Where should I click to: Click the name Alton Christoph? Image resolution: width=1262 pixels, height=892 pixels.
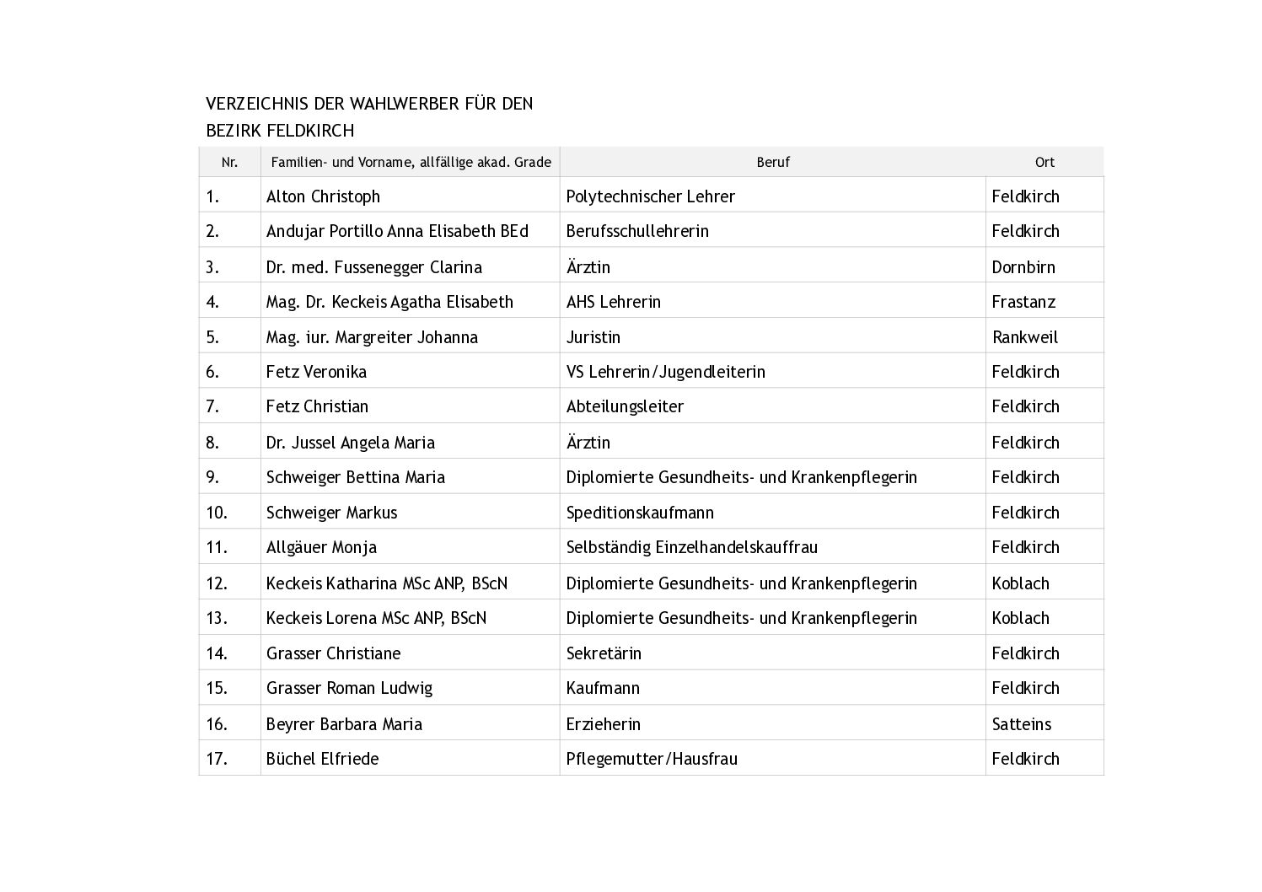point(323,196)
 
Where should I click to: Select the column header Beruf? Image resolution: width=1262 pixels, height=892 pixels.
point(772,162)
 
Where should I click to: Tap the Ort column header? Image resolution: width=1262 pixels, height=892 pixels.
point(1045,162)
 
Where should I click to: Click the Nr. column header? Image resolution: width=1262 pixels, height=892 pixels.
point(229,162)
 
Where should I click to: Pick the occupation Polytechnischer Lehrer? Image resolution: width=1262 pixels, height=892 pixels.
point(650,196)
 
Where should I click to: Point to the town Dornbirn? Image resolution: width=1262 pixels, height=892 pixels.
point(1023,267)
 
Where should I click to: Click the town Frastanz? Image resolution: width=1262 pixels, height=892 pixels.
point(1023,302)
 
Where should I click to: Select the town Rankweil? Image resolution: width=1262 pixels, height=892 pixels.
point(1024,337)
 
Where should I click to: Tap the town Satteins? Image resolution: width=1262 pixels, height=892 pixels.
point(1021,724)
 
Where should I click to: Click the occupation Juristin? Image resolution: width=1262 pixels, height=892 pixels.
point(593,337)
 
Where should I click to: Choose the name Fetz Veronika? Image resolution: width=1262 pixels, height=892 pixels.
point(316,372)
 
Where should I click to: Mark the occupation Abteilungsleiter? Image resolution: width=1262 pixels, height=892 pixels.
point(625,406)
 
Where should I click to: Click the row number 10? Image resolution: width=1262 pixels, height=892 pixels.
point(217,513)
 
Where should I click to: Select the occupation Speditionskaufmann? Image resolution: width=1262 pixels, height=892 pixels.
point(640,513)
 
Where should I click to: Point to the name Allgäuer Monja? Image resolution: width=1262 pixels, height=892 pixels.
point(321,547)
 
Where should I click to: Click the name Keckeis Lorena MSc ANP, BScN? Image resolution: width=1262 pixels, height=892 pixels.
point(376,618)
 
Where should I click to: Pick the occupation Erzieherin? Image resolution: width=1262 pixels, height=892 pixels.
point(603,724)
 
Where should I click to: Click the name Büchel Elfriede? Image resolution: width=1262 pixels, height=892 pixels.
point(322,759)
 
